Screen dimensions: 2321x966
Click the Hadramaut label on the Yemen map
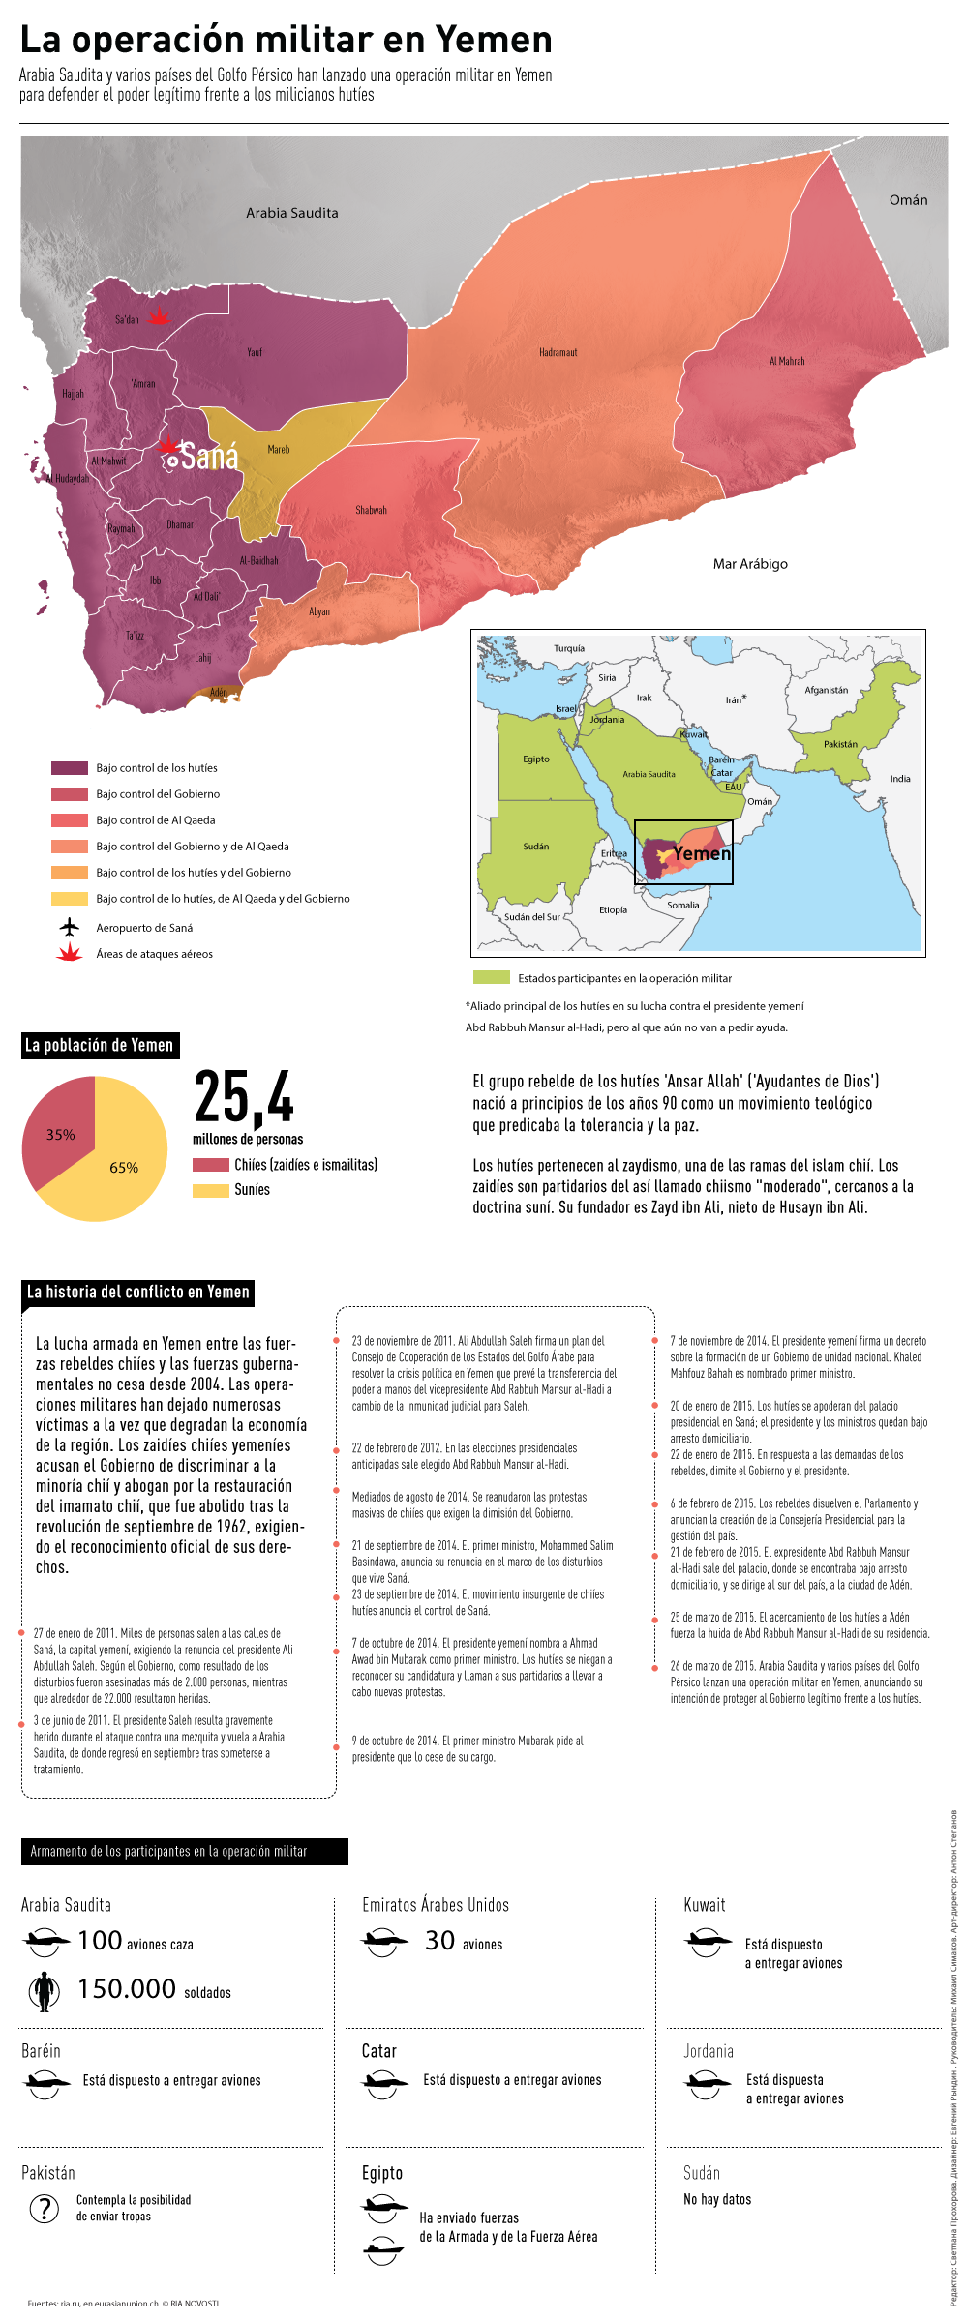pyautogui.click(x=558, y=352)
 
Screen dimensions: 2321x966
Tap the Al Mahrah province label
pyautogui.click(x=787, y=361)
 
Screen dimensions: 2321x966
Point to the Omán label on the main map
pyautogui.click(x=908, y=200)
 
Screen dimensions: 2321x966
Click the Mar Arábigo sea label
pyautogui.click(x=750, y=564)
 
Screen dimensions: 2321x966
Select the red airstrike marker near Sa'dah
pyautogui.click(x=159, y=315)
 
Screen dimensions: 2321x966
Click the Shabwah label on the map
pyautogui.click(x=371, y=510)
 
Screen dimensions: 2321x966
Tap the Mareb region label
pyautogui.click(x=279, y=449)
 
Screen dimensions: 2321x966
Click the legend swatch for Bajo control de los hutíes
pyautogui.click(x=70, y=768)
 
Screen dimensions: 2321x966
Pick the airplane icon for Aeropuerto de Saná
pyautogui.click(x=69, y=927)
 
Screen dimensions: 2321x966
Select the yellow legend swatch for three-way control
pyautogui.click(x=70, y=899)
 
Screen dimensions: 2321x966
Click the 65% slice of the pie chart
pyautogui.click(x=116, y=1171)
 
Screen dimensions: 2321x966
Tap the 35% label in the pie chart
pyautogui.click(x=60, y=1135)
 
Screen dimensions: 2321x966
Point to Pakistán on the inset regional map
pyautogui.click(x=840, y=744)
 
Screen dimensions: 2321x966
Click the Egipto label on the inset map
pyautogui.click(x=536, y=759)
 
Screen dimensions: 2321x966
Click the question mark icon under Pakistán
pyautogui.click(x=45, y=2209)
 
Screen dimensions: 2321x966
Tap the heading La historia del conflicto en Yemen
pyautogui.click(x=137, y=1292)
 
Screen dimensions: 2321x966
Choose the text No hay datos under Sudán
pyautogui.click(x=717, y=2199)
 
